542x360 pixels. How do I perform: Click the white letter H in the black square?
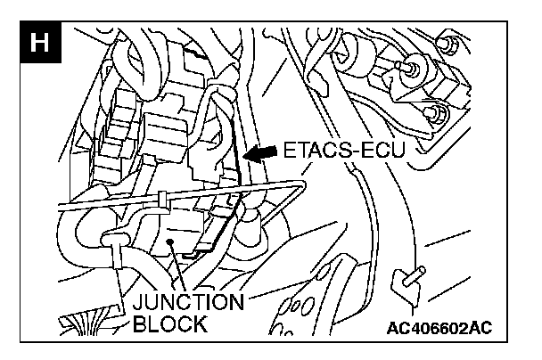tap(39, 43)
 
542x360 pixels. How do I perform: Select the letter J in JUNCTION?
tap(138, 301)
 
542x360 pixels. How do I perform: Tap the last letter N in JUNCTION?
tap(237, 301)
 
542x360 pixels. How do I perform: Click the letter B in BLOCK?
tap(139, 323)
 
